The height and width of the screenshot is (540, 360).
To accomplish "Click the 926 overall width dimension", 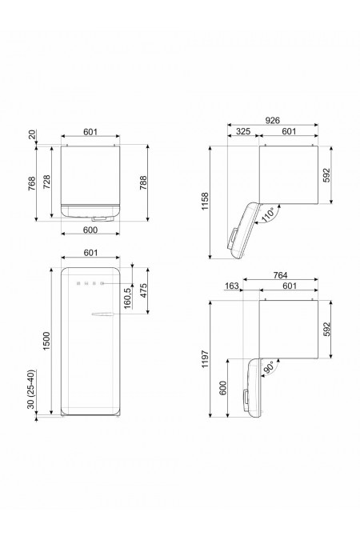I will pyautogui.click(x=273, y=120).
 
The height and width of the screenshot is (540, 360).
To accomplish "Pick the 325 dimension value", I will pyautogui.click(x=246, y=133).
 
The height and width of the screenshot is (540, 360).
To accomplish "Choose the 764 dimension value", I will pyautogui.click(x=281, y=276).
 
